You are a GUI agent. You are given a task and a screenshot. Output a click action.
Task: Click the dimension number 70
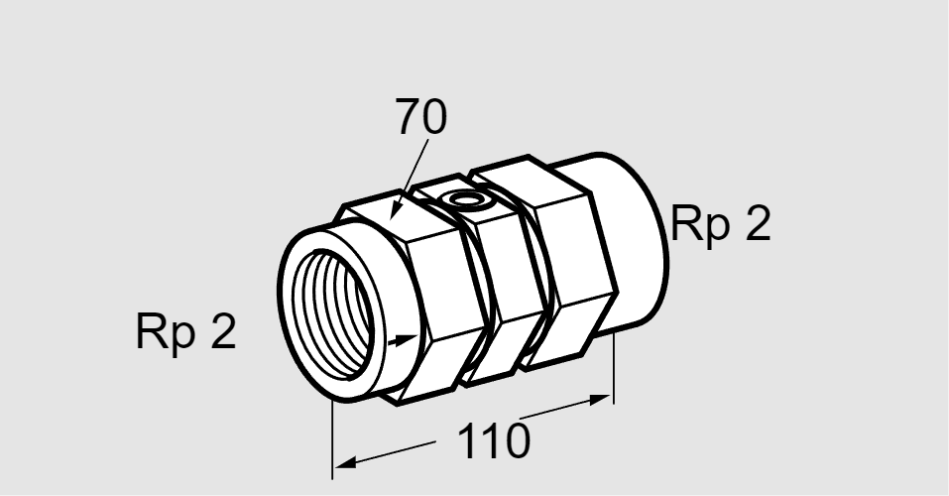click(421, 116)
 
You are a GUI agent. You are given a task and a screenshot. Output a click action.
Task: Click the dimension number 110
click(493, 440)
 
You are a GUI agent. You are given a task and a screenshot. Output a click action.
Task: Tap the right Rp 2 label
click(721, 224)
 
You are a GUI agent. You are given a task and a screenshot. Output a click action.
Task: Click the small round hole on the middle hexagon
click(465, 199)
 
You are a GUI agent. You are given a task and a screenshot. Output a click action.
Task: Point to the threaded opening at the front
click(333, 314)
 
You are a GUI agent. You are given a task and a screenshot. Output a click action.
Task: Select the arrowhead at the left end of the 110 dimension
click(345, 463)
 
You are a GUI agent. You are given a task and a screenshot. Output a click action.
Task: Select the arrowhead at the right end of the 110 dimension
click(600, 399)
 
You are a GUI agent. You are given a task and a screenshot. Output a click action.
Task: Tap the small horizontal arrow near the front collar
click(402, 340)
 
